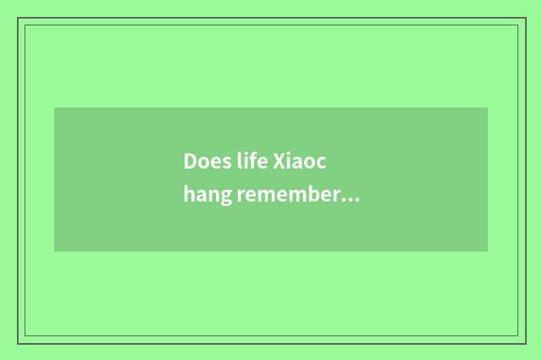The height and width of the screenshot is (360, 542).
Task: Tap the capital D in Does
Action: click(x=190, y=162)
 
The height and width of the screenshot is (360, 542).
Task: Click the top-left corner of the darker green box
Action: click(x=54, y=108)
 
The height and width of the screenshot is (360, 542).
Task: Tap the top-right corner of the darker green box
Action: click(x=488, y=108)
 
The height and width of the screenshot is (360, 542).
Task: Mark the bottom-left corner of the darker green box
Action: click(x=54, y=252)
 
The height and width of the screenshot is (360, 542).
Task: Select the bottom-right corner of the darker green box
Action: click(x=488, y=252)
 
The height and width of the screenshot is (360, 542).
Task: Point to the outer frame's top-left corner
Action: click(x=18, y=18)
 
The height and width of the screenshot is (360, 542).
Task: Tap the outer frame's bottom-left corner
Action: click(x=18, y=343)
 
